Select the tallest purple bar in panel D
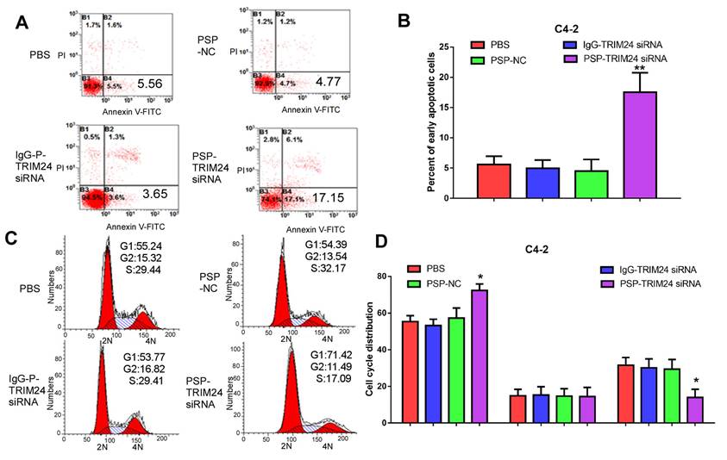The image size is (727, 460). coord(479,356)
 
